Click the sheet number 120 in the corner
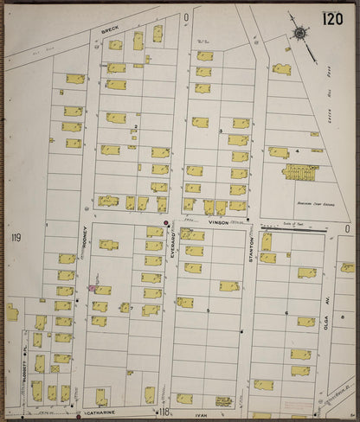tap(332, 19)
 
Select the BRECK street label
tap(110, 30)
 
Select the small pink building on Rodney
tap(92, 288)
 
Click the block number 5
tap(208, 310)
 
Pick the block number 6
tap(286, 313)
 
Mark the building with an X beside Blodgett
tap(54, 368)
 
